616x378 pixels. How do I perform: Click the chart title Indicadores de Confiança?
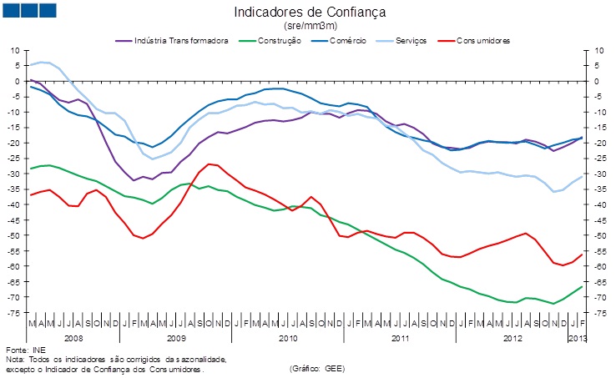pyautogui.click(x=310, y=13)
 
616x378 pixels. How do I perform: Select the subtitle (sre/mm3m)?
pyautogui.click(x=310, y=26)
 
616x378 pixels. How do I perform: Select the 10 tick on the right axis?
pyautogui.click(x=598, y=51)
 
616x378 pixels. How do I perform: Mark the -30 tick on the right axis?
pyautogui.click(x=598, y=174)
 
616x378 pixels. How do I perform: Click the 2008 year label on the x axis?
pyautogui.click(x=73, y=338)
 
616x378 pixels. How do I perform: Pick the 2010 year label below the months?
pyautogui.click(x=288, y=338)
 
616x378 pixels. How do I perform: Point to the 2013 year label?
pyautogui.click(x=577, y=338)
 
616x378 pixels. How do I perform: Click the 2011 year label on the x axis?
pyautogui.click(x=400, y=338)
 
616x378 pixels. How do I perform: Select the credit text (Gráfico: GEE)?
pyautogui.click(x=317, y=368)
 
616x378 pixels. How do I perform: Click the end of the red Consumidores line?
pyautogui.click(x=582, y=255)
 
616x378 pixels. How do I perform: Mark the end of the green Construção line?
pyautogui.click(x=582, y=286)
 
